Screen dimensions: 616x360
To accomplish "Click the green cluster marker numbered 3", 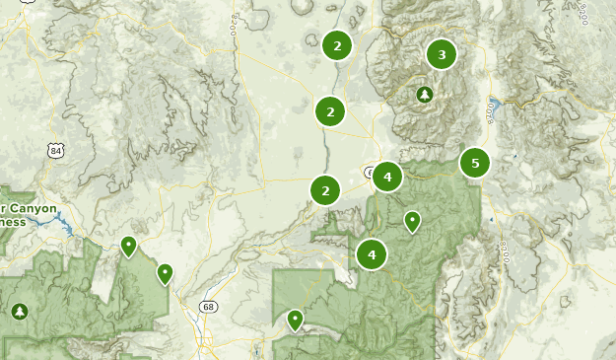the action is [x=442, y=54].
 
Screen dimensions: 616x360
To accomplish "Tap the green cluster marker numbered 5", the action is [x=475, y=163].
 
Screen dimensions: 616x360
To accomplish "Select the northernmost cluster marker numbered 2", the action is [x=337, y=45].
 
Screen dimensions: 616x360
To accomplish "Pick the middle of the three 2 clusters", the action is [x=330, y=111].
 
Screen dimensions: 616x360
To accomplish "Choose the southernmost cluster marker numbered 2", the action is [x=325, y=190].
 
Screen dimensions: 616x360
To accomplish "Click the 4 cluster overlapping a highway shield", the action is [x=387, y=178].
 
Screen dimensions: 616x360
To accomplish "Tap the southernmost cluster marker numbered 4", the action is [x=372, y=254].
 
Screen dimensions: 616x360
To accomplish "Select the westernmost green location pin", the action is [x=128, y=246].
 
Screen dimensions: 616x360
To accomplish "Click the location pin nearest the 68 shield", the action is [x=165, y=273].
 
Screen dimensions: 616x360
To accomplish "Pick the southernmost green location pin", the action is [x=295, y=319].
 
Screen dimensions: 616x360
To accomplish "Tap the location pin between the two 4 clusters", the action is [x=413, y=221].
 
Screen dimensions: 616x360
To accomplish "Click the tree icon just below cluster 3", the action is [x=424, y=95].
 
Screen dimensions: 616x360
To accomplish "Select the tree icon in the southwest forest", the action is [x=19, y=312].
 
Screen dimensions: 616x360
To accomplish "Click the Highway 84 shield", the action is [x=56, y=150].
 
